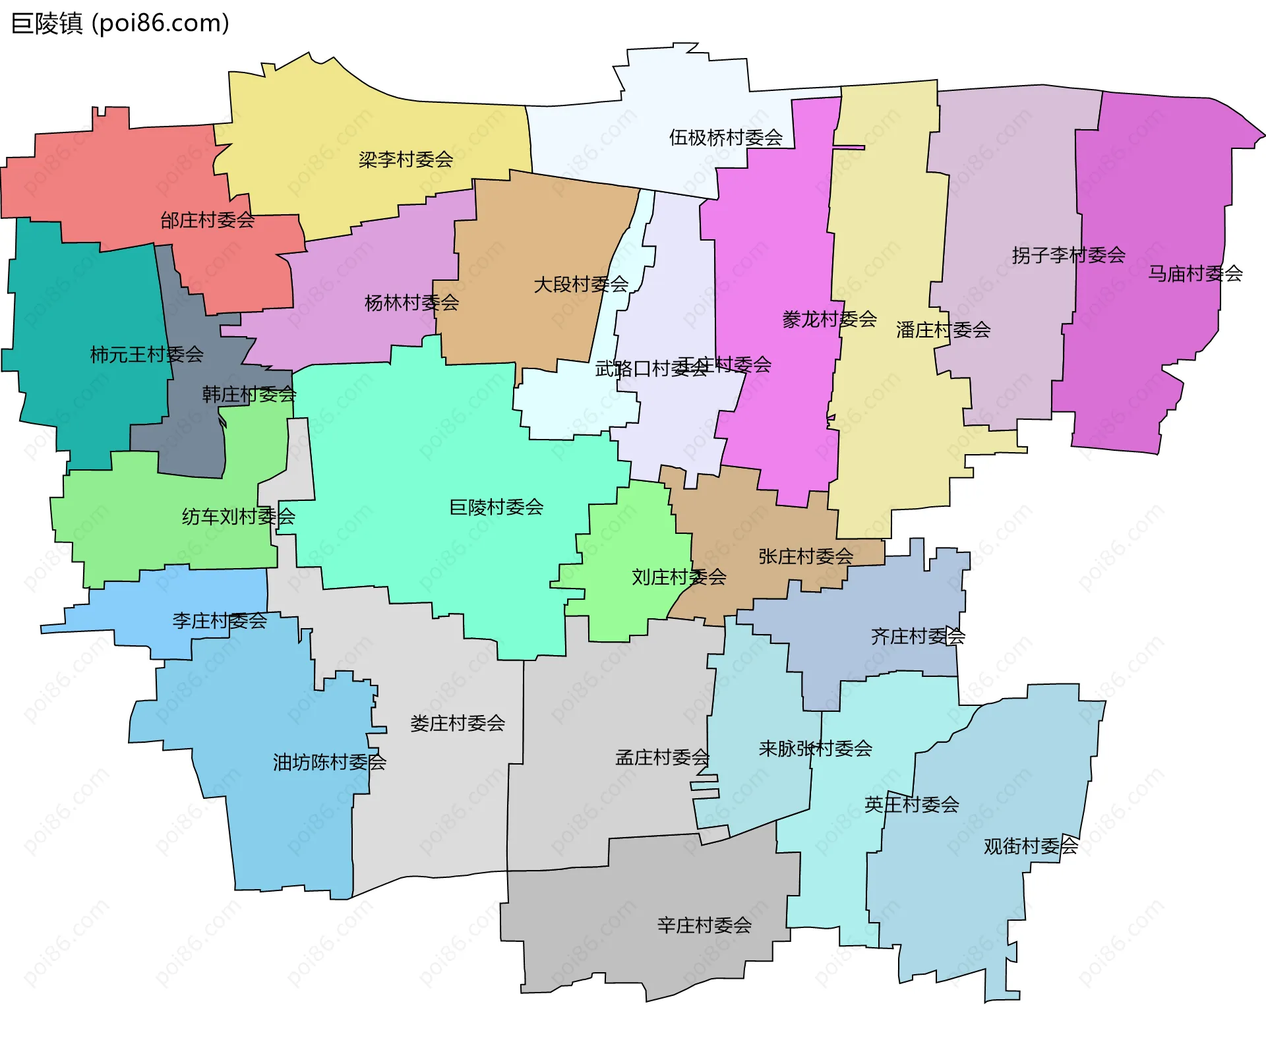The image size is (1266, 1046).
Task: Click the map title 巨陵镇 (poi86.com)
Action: click(x=120, y=24)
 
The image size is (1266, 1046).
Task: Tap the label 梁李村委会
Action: click(x=406, y=160)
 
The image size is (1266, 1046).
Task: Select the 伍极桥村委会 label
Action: click(x=725, y=138)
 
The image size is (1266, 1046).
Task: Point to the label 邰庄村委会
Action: click(x=207, y=220)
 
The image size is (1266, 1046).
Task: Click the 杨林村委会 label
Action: click(x=411, y=303)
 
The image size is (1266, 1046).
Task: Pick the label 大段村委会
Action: click(x=580, y=285)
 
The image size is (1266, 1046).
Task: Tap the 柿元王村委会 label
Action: click(x=146, y=355)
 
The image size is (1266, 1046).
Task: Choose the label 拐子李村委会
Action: click(x=1068, y=255)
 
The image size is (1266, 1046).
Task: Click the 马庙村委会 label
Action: click(x=1195, y=274)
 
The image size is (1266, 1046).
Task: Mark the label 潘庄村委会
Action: click(x=943, y=330)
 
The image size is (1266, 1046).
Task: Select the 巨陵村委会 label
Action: click(x=496, y=507)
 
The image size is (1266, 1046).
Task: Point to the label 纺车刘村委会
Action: click(x=238, y=516)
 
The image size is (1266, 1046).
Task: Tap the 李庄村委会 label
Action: click(x=219, y=620)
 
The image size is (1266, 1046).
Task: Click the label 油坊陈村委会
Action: click(x=329, y=762)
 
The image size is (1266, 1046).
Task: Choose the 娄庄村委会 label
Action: click(x=457, y=723)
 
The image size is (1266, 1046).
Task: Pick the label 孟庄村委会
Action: click(x=662, y=757)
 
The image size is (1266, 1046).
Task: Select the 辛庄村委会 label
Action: click(x=704, y=925)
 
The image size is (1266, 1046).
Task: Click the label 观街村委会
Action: click(x=1031, y=846)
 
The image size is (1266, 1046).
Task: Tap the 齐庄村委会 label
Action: click(x=918, y=636)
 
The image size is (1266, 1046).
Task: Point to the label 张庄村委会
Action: click(x=805, y=556)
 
